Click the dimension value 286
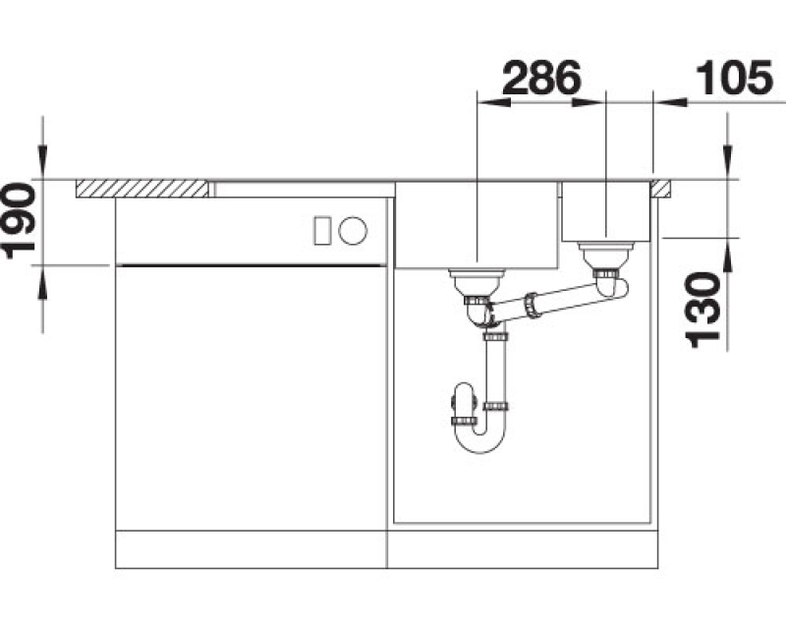pyautogui.click(x=541, y=78)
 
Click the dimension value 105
pyautogui.click(x=735, y=78)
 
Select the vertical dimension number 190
pyautogui.click(x=20, y=221)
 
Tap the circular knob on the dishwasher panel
pyautogui.click(x=353, y=231)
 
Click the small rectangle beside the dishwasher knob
pyautogui.click(x=322, y=231)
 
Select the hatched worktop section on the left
pyautogui.click(x=142, y=189)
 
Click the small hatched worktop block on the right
pyautogui.click(x=660, y=189)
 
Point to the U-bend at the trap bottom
pyautogui.click(x=481, y=441)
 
